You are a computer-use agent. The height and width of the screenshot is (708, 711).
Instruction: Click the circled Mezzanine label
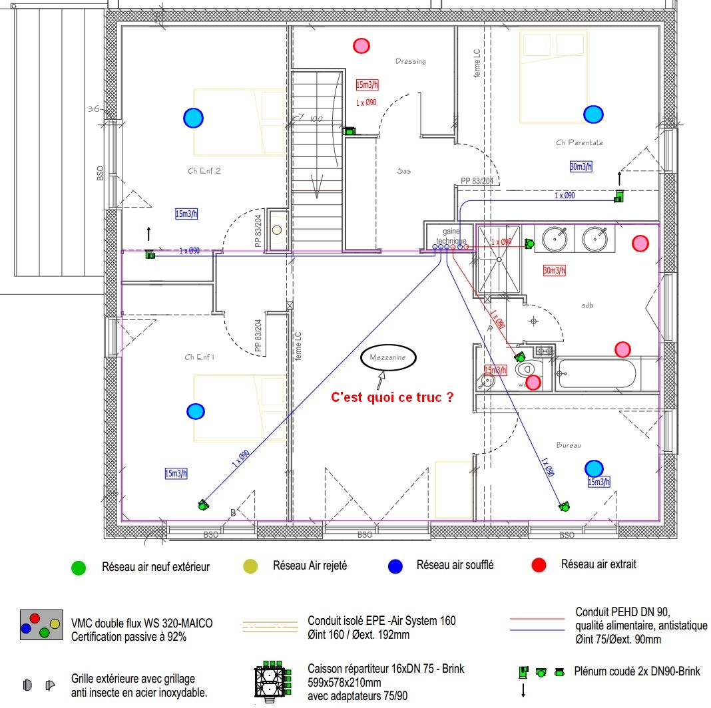(388, 357)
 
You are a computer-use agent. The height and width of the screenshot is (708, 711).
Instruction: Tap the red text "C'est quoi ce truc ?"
(393, 397)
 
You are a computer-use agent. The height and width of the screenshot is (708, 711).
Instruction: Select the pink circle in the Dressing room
(361, 45)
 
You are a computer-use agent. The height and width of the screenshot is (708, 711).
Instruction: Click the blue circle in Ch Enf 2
(193, 118)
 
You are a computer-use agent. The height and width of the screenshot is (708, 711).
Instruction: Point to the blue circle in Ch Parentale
(593, 114)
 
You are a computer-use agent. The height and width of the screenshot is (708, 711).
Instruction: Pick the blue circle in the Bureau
(594, 468)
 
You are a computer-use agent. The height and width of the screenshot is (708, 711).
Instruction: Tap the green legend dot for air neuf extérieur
(79, 568)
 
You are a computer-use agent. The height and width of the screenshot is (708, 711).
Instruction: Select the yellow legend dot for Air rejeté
(250, 566)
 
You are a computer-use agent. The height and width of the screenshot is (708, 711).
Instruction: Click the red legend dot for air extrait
(539, 565)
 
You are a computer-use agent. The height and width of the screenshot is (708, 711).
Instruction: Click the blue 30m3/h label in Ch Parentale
(581, 166)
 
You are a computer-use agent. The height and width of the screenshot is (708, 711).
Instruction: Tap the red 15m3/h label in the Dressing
(367, 85)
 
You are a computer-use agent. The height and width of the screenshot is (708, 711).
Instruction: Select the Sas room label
(403, 171)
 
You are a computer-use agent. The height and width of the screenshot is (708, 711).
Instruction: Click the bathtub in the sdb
(596, 373)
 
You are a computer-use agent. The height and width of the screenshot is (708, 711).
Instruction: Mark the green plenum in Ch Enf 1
(202, 505)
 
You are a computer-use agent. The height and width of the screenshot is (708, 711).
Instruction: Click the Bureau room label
(569, 445)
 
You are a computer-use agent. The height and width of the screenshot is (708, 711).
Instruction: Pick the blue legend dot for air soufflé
(395, 566)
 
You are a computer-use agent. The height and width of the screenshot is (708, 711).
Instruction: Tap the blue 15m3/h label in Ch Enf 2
(186, 214)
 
